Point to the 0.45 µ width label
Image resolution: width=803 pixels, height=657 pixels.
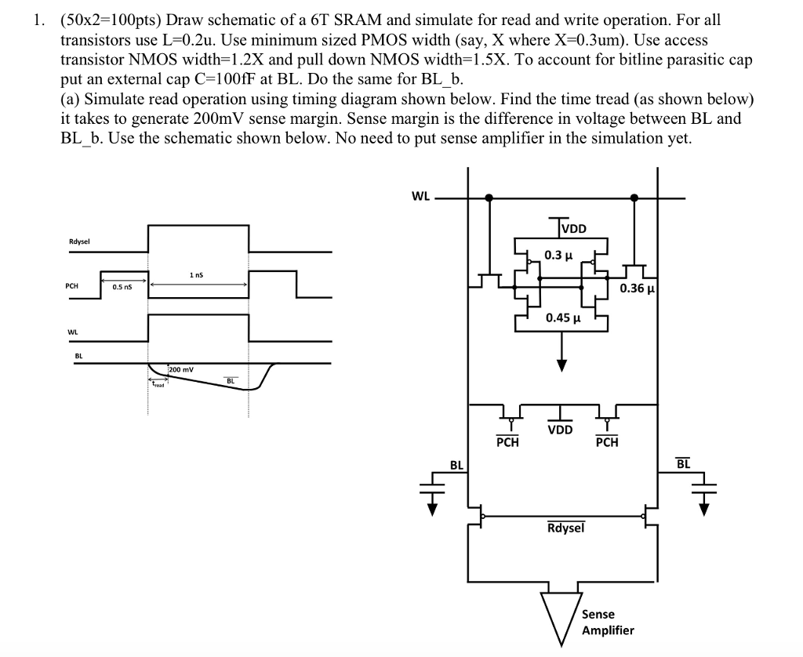563,318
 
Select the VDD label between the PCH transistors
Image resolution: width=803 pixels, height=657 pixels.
560,430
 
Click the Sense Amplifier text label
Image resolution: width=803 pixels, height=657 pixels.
607,622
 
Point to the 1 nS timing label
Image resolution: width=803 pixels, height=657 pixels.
197,275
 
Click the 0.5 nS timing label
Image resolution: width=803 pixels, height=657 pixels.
122,287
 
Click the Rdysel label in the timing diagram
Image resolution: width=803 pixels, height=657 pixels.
80,241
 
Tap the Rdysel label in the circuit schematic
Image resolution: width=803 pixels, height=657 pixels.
565,528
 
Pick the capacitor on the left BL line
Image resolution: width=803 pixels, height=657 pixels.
433,488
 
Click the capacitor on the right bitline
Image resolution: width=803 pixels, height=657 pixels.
704,488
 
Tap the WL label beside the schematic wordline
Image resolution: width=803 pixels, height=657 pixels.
420,197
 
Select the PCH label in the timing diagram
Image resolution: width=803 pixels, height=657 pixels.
72,287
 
